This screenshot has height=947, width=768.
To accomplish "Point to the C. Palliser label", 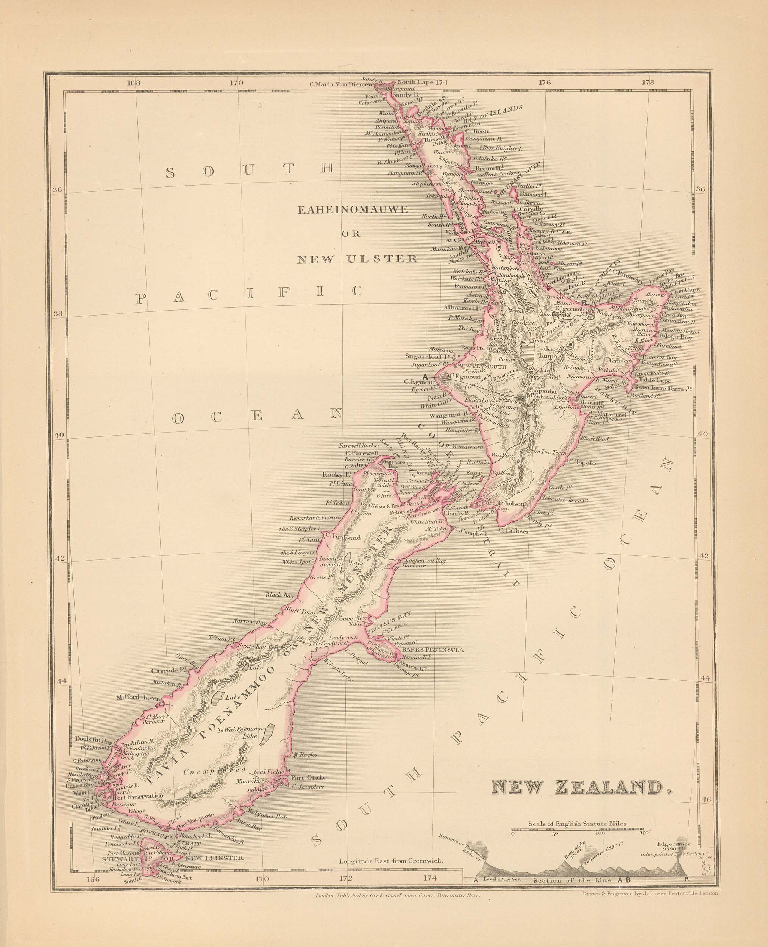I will point(513,531).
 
